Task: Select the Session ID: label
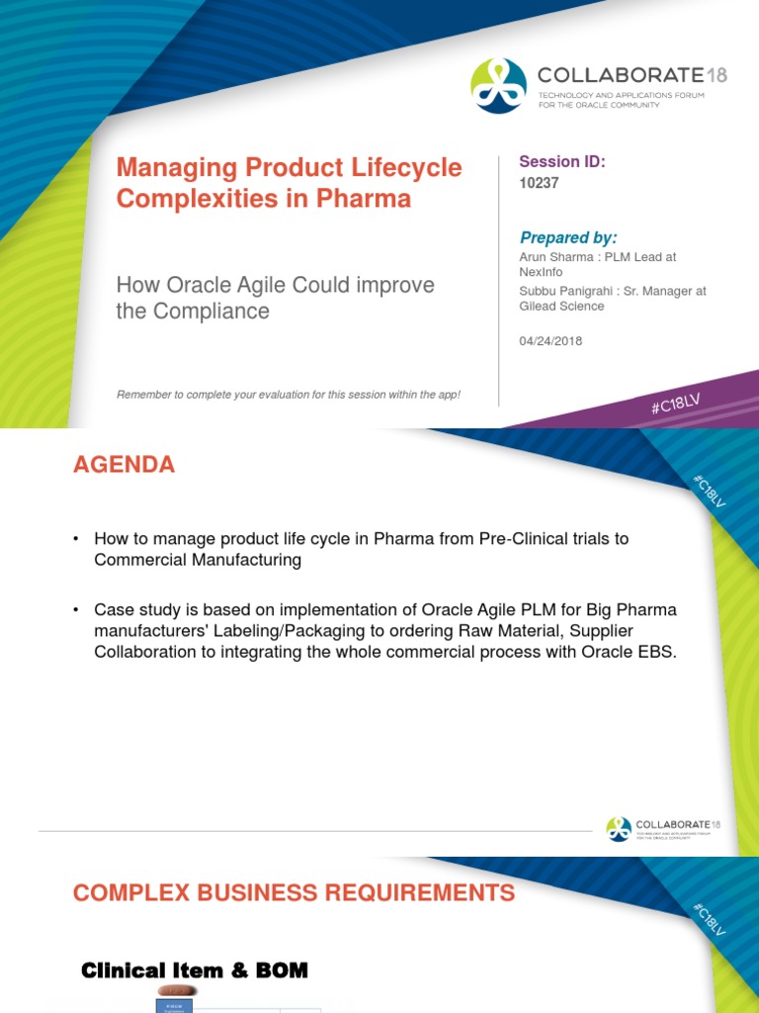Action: (561, 162)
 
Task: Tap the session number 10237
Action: (540, 183)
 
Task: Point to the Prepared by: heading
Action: (568, 237)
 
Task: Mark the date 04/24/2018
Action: (550, 341)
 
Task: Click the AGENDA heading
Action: (124, 465)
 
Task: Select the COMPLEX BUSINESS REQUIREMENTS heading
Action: (294, 893)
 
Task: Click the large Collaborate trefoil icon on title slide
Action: (498, 86)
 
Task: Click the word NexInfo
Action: (541, 271)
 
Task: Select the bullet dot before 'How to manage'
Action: (76, 539)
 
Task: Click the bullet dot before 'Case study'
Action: (76, 609)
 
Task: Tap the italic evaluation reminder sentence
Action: (288, 395)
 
